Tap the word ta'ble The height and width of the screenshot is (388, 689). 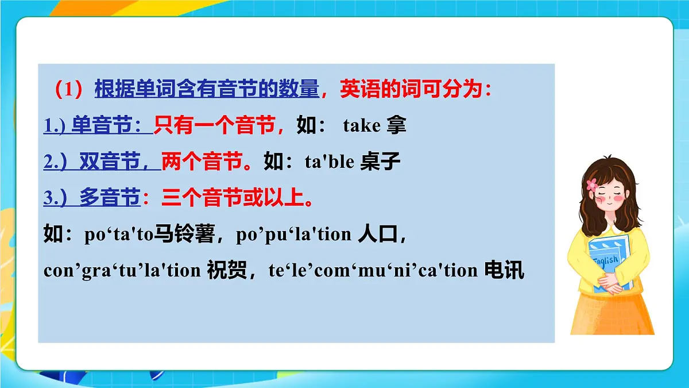329,162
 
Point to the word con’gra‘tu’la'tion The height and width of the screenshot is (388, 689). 122,270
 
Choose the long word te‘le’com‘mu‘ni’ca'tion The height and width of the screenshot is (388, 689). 373,270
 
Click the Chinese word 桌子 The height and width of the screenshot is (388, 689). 380,162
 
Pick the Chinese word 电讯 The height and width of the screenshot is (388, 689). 504,270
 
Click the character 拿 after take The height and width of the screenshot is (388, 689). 396,126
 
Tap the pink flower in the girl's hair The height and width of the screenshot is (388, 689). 592,185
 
